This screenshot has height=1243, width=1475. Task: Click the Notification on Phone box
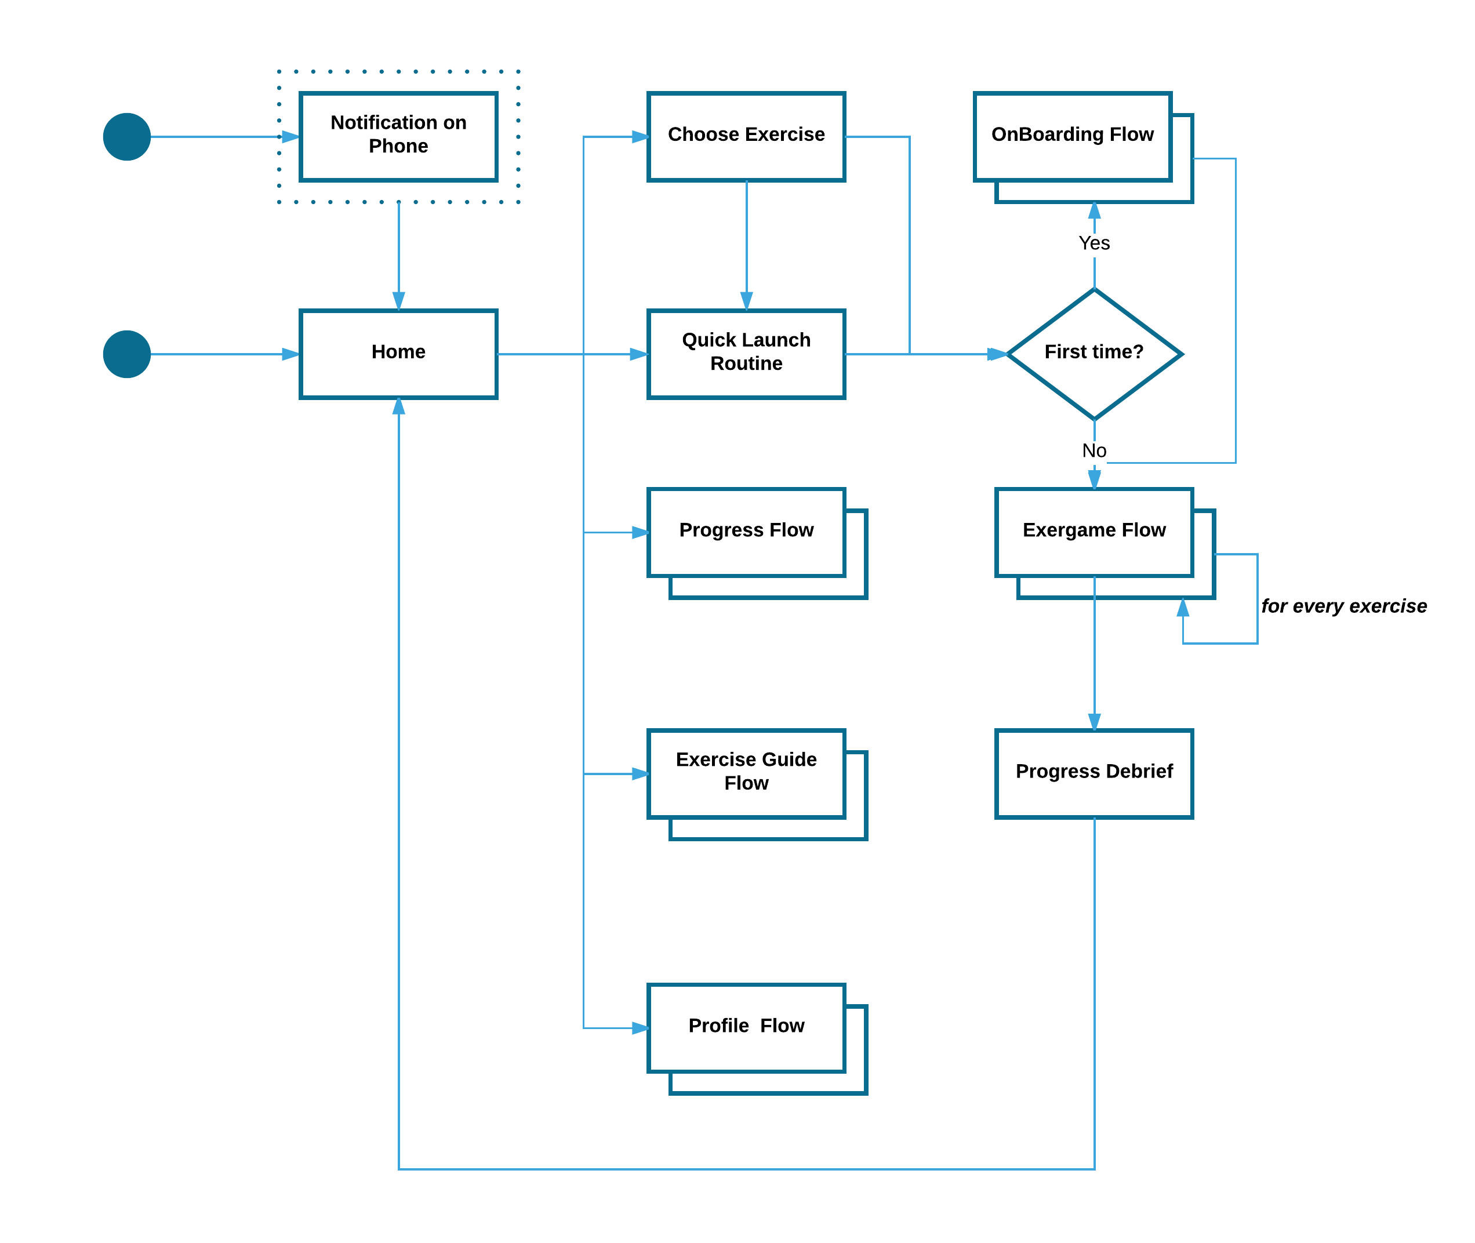click(x=398, y=137)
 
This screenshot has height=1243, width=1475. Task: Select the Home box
click(x=398, y=354)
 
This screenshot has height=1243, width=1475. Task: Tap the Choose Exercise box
click(x=746, y=137)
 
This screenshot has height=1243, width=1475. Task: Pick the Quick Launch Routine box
click(x=746, y=354)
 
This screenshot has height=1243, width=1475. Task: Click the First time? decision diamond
click(x=1093, y=354)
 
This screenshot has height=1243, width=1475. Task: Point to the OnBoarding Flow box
click(x=1073, y=137)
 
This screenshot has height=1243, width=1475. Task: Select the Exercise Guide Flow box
click(x=746, y=773)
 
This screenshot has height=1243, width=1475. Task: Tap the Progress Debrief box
click(x=1093, y=773)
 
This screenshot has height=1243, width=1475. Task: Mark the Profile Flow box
click(x=746, y=1027)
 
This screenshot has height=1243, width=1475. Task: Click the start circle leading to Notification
click(x=127, y=137)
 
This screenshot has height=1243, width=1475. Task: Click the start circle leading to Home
click(x=127, y=354)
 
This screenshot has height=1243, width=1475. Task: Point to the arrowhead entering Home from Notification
click(x=398, y=301)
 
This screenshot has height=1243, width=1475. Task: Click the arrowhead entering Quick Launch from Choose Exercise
click(x=746, y=301)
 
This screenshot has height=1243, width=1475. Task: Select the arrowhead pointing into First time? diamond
click(x=997, y=354)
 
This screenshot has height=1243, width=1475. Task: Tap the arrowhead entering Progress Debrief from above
click(x=1093, y=722)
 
